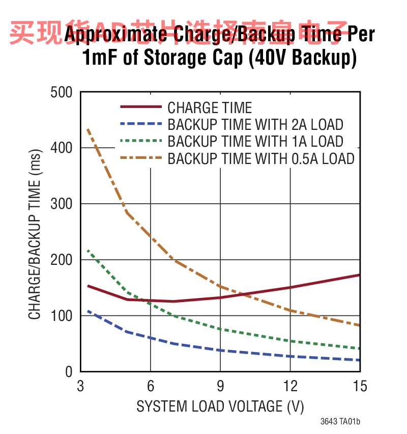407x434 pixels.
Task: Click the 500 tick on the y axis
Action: click(62, 92)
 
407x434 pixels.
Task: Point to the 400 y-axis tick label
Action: click(62, 148)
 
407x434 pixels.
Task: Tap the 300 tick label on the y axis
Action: click(62, 204)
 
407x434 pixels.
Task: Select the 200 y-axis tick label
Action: click(62, 260)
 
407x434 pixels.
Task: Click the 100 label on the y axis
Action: click(62, 316)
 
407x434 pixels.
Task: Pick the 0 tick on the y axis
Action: click(69, 372)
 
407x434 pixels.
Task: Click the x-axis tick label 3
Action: click(80, 386)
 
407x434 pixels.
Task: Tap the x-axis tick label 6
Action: click(151, 386)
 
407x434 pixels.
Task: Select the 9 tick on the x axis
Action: click(220, 386)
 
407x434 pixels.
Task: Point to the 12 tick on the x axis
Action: click(290, 386)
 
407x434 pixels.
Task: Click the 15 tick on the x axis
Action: click(359, 386)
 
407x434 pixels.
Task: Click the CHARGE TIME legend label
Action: click(210, 107)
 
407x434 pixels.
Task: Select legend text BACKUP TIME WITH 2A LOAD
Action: click(255, 124)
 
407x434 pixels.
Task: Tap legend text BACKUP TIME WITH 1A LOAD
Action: click(255, 141)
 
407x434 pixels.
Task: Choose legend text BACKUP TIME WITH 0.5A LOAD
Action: click(261, 158)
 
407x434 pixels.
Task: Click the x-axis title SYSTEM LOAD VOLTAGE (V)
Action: click(220, 406)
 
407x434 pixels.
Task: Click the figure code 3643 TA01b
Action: click(340, 422)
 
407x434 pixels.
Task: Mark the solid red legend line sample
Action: click(140, 107)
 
